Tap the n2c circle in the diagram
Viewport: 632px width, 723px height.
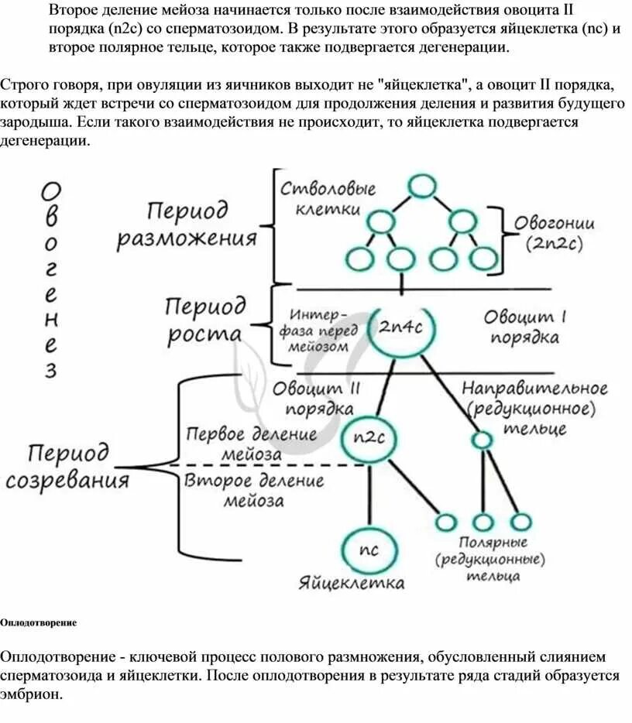(x=369, y=437)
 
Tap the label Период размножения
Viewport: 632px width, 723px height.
(x=187, y=224)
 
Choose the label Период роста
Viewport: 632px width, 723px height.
(x=204, y=320)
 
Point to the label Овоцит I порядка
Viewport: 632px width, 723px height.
(x=526, y=327)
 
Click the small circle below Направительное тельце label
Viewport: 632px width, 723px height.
(x=482, y=440)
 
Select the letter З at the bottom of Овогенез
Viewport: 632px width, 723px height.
(x=50, y=371)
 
